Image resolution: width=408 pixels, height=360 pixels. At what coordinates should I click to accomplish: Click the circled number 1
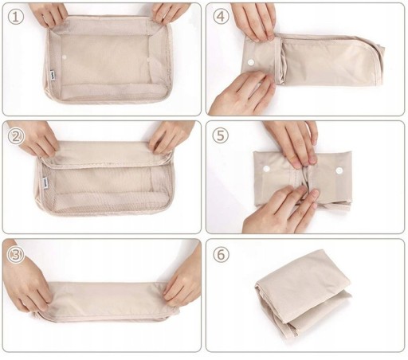(16, 17)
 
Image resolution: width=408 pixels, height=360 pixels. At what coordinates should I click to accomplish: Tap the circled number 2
(16, 137)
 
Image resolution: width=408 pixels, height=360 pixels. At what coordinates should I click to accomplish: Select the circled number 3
(16, 255)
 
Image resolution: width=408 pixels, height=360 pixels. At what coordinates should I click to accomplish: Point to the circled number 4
(221, 17)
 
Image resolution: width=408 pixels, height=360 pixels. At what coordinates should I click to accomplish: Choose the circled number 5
(221, 135)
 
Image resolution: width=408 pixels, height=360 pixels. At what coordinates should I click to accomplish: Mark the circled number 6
(221, 254)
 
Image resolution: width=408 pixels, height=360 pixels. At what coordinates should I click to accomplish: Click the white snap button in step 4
(250, 62)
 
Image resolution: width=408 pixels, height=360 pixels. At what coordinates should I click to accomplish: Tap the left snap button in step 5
(266, 169)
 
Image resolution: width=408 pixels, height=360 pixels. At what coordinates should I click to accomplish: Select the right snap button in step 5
(339, 170)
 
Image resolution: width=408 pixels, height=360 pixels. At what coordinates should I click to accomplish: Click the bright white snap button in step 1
(65, 57)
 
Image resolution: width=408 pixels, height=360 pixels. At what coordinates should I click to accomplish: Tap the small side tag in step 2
(45, 182)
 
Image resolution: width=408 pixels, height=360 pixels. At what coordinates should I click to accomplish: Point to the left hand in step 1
(49, 14)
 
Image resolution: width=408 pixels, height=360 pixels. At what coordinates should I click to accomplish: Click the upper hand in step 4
(253, 20)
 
